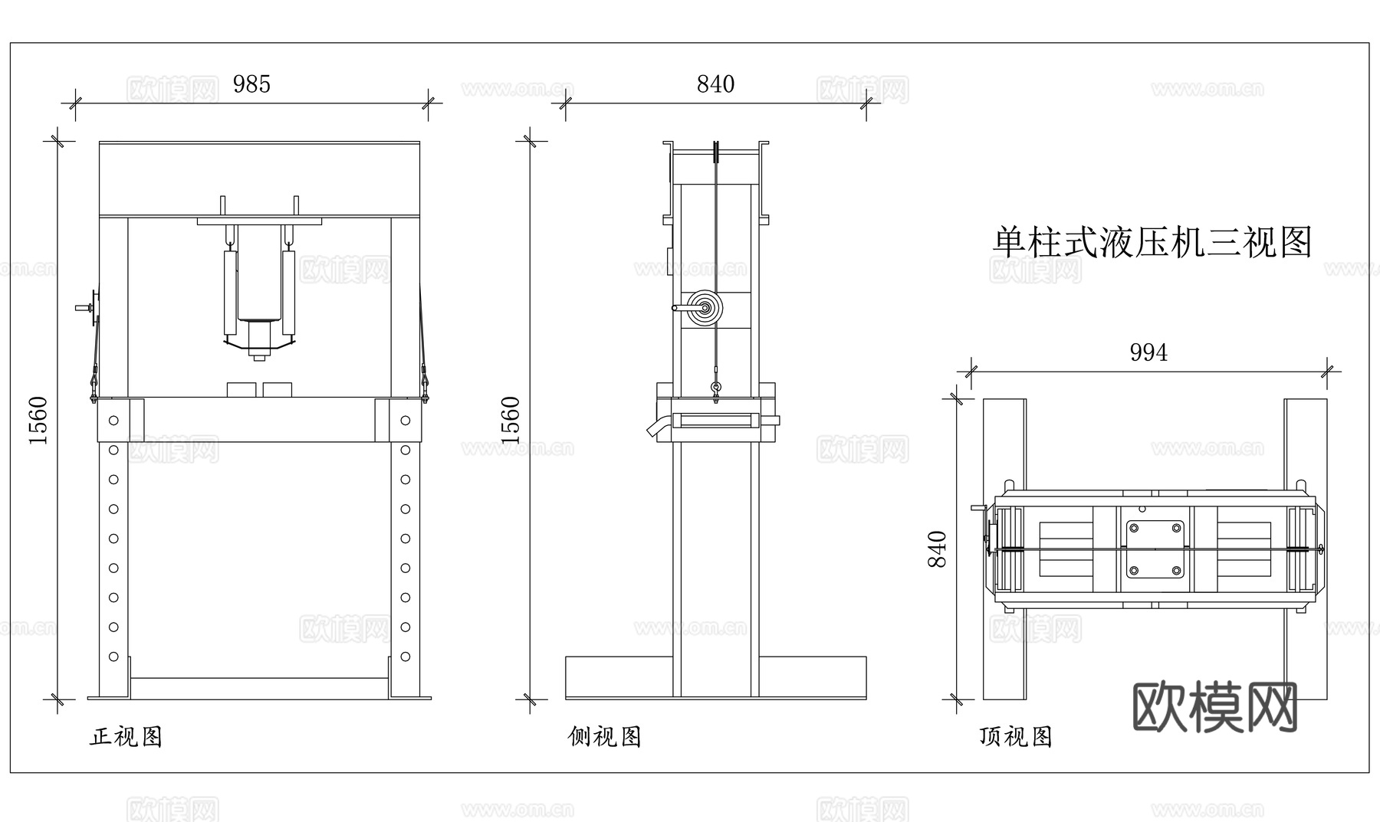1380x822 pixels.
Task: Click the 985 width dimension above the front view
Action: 251,84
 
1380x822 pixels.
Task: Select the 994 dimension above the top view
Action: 1148,352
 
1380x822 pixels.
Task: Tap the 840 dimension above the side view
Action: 715,84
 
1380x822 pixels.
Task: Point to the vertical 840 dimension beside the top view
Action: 937,549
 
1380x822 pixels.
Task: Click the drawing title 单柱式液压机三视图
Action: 1152,243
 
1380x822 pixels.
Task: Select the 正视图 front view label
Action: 127,737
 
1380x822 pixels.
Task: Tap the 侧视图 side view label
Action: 604,737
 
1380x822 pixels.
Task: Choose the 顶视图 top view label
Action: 1015,737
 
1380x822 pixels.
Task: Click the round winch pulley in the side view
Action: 704,308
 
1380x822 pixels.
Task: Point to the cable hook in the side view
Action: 716,391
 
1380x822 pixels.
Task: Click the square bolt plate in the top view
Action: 1155,549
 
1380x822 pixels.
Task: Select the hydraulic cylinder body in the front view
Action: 258,276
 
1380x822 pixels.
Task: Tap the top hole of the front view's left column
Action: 113,421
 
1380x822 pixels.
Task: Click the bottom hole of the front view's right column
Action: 406,657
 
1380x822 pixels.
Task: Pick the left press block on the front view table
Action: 242,389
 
